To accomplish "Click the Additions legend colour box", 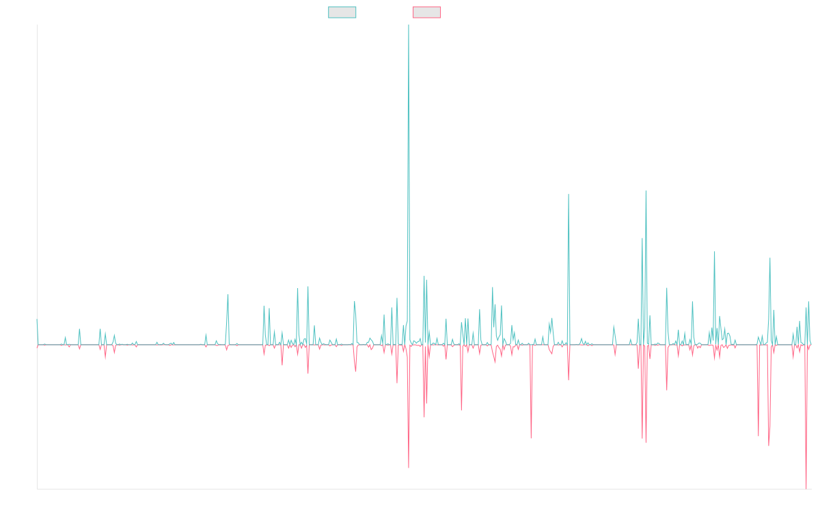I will tap(342, 12).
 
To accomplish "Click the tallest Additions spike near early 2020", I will tap(409, 27).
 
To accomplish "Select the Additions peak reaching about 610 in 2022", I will tap(569, 195).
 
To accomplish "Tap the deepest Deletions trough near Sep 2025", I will tap(807, 487).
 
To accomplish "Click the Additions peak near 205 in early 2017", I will tap(228, 294).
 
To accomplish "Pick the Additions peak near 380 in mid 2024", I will tap(715, 252).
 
